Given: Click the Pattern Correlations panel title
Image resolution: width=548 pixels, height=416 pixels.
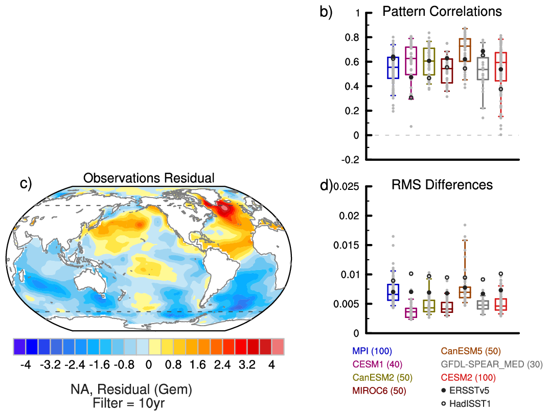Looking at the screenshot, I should [443, 11].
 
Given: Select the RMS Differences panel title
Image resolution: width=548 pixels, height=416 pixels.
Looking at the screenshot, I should [443, 184].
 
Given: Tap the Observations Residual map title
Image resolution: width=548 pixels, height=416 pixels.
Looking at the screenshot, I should [149, 178].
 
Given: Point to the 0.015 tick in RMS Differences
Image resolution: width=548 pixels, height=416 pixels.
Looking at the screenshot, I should [349, 245].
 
